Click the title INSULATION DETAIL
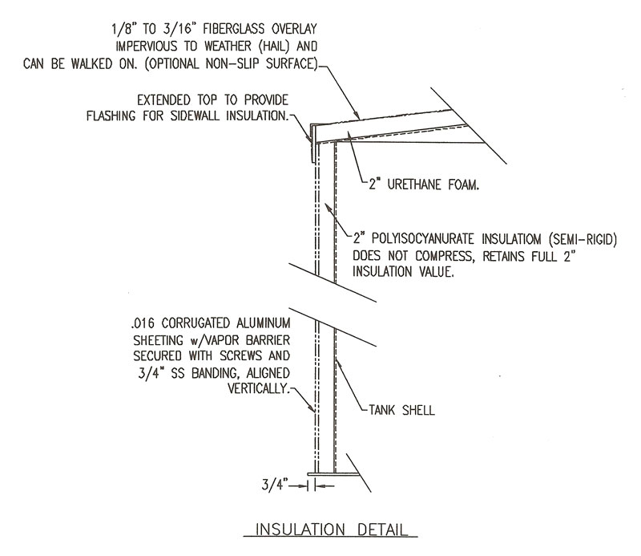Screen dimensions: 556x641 (335, 530)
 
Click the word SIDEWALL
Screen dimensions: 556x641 (197, 116)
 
